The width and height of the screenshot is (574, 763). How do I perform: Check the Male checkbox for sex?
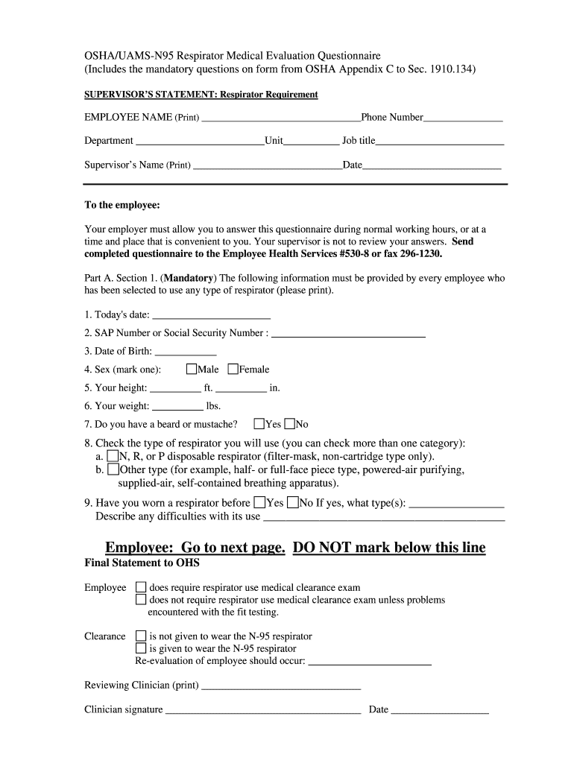click(x=192, y=369)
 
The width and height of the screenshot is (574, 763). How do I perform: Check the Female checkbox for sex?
click(x=233, y=369)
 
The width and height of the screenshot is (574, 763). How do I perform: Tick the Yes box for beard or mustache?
click(x=259, y=424)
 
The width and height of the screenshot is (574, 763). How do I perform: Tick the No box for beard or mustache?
click(x=289, y=424)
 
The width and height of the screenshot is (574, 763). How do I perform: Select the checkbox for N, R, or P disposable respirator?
click(x=113, y=455)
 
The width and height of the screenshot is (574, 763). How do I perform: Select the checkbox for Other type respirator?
click(x=113, y=469)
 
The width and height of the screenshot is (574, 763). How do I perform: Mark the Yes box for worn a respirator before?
click(x=259, y=502)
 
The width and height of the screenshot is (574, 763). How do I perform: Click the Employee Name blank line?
click(x=281, y=118)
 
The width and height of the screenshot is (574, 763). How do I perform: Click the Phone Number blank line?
click(x=463, y=118)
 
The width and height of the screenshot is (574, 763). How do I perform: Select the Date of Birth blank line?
click(x=185, y=352)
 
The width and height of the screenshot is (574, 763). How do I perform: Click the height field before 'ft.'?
click(x=176, y=387)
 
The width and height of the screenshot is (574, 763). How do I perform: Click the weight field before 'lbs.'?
click(x=177, y=406)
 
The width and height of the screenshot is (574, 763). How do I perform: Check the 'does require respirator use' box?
click(x=141, y=587)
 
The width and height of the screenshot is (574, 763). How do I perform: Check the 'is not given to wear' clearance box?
click(x=141, y=636)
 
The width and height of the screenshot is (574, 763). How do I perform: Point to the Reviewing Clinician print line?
click(x=281, y=686)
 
